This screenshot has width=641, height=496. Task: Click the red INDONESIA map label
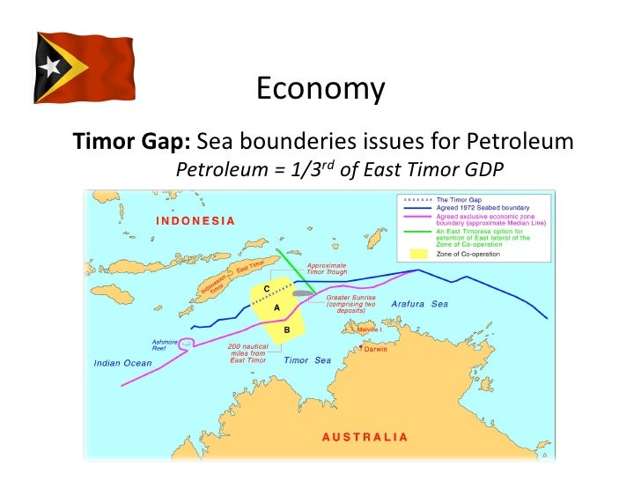[195, 220]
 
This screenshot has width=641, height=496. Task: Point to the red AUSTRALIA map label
[365, 437]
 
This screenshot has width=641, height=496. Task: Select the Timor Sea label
[307, 359]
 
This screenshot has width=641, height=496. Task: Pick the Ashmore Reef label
[165, 344]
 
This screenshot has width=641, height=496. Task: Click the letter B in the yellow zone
[287, 329]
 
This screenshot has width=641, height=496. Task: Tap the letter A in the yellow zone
[276, 307]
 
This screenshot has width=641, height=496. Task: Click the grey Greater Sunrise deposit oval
[304, 292]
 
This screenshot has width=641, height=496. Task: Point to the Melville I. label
[368, 329]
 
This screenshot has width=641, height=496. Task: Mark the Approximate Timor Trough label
[327, 270]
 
